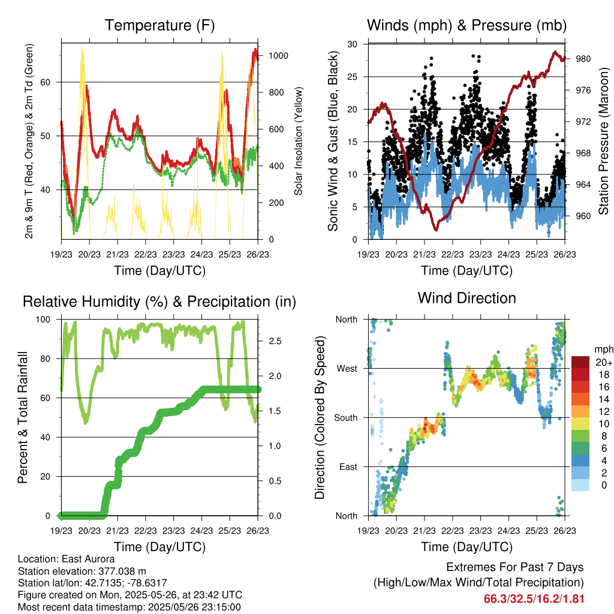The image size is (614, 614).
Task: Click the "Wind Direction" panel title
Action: (x=466, y=297)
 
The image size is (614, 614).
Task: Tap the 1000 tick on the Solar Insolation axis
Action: (x=278, y=56)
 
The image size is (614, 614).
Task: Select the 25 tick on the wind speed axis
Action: (x=353, y=77)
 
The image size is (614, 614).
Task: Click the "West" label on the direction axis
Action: (x=347, y=368)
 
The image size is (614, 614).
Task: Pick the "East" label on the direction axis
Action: (x=348, y=466)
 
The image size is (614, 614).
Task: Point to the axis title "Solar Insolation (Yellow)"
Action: (x=298, y=141)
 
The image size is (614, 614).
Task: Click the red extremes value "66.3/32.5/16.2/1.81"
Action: (x=534, y=598)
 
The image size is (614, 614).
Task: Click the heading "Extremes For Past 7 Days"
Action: (x=514, y=567)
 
